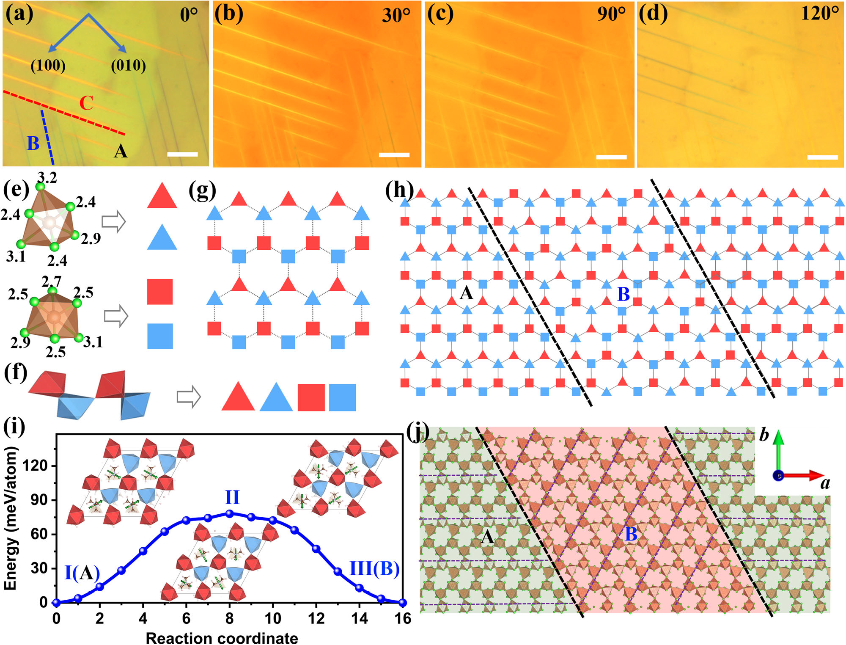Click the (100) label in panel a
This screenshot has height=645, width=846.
(48, 65)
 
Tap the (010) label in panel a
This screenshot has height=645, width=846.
(128, 65)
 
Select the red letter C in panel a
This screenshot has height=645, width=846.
(86, 103)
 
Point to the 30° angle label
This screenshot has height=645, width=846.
(396, 15)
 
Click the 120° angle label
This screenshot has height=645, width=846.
(820, 14)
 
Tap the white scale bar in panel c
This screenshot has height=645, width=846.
(611, 157)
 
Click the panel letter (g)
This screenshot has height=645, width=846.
(202, 191)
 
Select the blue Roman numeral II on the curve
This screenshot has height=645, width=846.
(232, 497)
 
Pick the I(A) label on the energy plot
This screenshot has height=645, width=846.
(82, 573)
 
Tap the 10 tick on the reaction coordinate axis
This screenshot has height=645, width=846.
(273, 618)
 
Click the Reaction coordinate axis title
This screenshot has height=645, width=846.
(222, 637)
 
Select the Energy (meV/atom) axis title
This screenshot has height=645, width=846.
(10, 519)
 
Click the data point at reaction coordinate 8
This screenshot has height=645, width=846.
(230, 513)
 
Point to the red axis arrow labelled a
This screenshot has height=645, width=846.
(801, 476)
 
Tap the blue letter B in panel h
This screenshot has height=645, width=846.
(624, 295)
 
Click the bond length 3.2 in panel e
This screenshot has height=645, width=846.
(47, 177)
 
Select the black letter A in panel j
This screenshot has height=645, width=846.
(487, 537)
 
